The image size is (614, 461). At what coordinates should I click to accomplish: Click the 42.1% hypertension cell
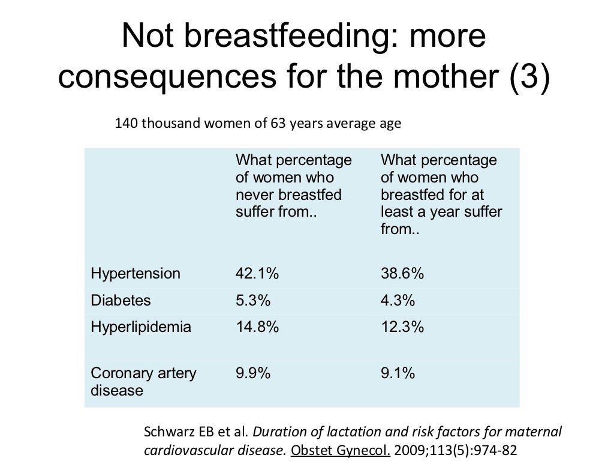click(x=257, y=274)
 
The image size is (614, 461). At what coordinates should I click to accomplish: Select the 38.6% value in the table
click(x=402, y=274)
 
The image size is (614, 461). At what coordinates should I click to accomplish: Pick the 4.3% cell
click(x=398, y=300)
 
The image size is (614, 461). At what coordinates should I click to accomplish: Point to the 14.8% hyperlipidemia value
click(x=257, y=327)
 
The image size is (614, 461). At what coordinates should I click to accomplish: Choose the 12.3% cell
click(x=402, y=327)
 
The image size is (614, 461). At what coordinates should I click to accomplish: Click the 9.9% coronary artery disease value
click(x=253, y=373)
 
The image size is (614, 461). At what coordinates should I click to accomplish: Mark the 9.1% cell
click(x=398, y=373)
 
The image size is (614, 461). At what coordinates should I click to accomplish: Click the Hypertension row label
click(x=135, y=274)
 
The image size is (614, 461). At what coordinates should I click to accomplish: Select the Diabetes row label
click(x=121, y=300)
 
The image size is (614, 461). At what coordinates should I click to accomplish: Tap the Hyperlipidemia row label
click(x=141, y=327)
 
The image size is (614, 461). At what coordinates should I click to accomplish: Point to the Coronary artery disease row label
click(x=143, y=382)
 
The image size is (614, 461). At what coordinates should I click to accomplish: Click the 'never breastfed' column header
click(x=293, y=186)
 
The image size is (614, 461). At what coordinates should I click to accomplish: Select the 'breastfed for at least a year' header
click(x=441, y=195)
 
